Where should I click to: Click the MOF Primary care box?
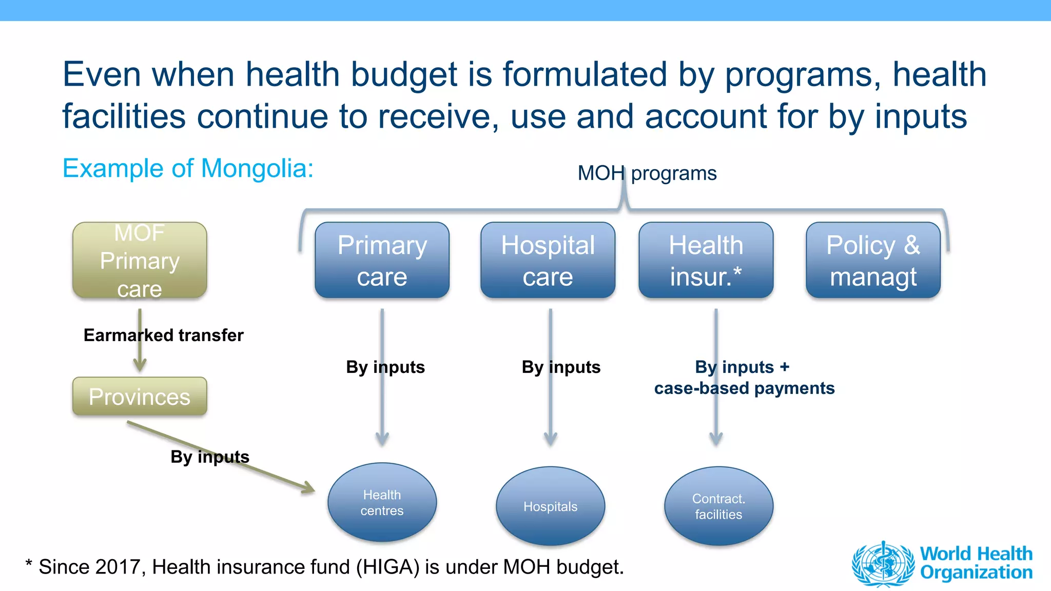tap(140, 260)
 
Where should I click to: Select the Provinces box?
tap(140, 397)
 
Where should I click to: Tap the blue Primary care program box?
tap(382, 260)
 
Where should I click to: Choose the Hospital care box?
tap(548, 260)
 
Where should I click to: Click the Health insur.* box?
tap(706, 260)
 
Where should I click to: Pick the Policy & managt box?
tap(873, 260)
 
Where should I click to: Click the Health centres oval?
tap(382, 502)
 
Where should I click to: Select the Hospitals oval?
tap(550, 506)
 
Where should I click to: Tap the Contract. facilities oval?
tap(718, 506)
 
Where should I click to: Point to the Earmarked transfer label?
tap(163, 335)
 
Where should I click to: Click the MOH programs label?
tap(647, 173)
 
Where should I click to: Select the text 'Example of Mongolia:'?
tap(188, 168)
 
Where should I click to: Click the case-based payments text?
tap(744, 388)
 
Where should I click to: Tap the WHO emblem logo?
tap(883, 563)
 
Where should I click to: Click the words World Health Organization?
tap(976, 563)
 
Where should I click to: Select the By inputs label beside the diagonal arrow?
tap(210, 457)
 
